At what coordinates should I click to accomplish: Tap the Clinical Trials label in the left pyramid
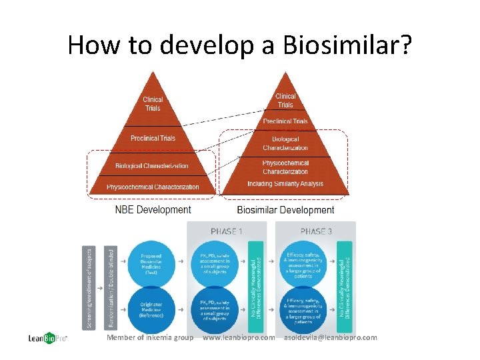(153, 104)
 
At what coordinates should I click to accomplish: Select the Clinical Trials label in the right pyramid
(285, 100)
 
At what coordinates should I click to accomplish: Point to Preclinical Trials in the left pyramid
(153, 138)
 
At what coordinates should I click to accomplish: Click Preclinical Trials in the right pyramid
(285, 121)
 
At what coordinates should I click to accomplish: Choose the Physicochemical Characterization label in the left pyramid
(153, 187)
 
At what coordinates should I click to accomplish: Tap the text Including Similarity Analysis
(285, 184)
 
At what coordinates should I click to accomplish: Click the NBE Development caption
(153, 209)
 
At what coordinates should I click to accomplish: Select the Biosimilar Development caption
(285, 210)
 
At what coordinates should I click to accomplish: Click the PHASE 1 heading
(227, 231)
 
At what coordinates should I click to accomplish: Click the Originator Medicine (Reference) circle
(151, 309)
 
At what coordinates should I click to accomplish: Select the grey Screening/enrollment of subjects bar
(86, 287)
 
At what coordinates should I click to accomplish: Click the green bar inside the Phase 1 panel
(254, 287)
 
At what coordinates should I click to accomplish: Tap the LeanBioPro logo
(46, 338)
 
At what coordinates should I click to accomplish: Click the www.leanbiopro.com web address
(238, 337)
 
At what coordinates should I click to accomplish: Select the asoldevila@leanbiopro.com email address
(330, 337)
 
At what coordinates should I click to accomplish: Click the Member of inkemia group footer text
(150, 337)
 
